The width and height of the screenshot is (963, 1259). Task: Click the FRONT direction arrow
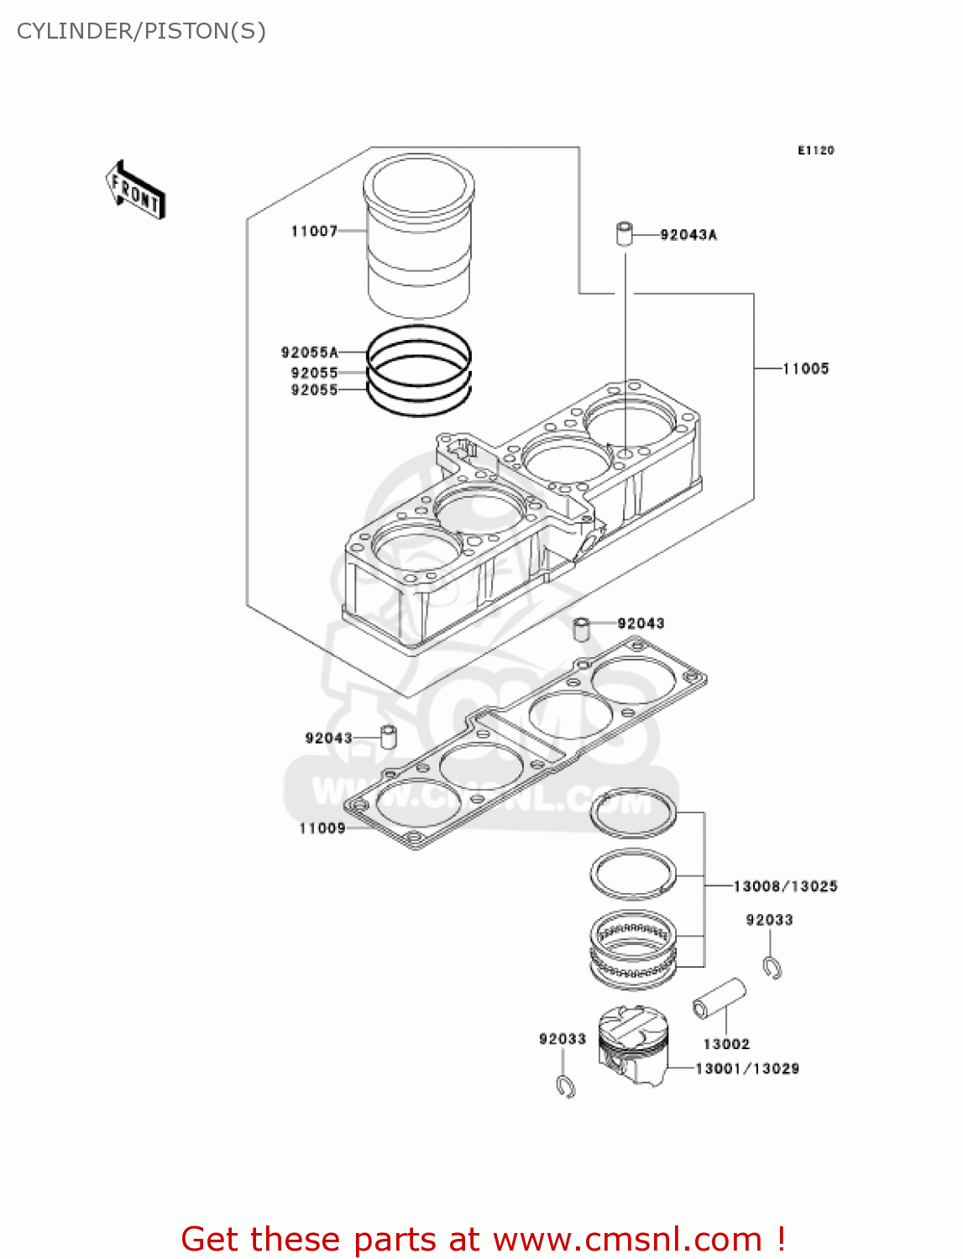(135, 191)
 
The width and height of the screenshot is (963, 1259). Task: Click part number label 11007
(314, 232)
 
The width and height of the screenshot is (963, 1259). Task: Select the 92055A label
(309, 353)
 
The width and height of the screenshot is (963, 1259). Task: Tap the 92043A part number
(688, 235)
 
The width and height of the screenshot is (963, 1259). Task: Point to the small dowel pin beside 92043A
(624, 233)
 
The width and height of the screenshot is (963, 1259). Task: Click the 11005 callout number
(805, 368)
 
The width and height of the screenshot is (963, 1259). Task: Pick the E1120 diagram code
(815, 150)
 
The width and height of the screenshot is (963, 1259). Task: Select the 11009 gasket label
(322, 828)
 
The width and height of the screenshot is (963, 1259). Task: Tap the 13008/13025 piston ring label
(785, 886)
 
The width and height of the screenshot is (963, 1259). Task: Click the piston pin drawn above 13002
(720, 997)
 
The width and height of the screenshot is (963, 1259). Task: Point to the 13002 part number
(726, 1044)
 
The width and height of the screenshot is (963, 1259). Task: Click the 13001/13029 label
(747, 1068)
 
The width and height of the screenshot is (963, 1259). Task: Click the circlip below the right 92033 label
(773, 967)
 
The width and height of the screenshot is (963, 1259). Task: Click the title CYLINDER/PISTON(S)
(141, 31)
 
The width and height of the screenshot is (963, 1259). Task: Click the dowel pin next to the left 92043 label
(389, 736)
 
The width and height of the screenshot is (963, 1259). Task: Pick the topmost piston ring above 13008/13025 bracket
(633, 813)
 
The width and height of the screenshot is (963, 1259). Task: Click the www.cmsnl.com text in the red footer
(627, 1239)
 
